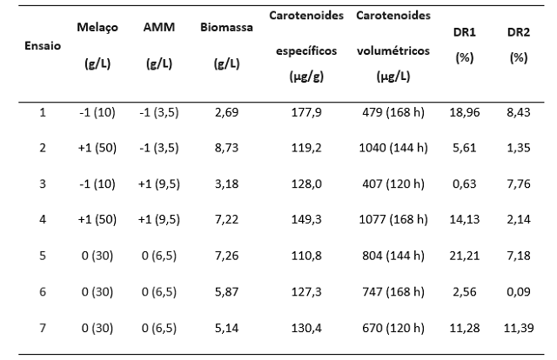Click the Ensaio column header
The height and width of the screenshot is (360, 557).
point(43,45)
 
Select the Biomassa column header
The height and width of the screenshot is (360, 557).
point(226,27)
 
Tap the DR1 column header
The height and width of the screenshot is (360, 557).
point(464,31)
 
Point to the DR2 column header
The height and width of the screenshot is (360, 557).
point(518,31)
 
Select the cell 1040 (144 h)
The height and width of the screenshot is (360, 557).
point(393,148)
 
